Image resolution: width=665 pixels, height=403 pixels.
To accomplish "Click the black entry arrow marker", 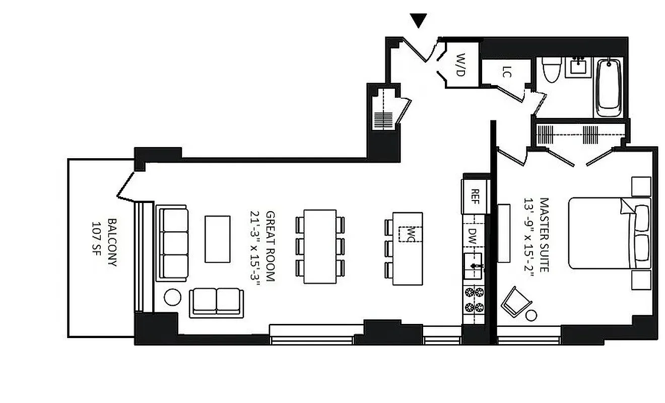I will (x=419, y=20).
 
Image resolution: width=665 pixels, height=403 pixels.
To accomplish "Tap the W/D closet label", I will (x=459, y=65).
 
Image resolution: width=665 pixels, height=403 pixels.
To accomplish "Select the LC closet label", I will (x=507, y=73).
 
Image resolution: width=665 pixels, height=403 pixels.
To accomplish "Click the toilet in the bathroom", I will (x=549, y=70).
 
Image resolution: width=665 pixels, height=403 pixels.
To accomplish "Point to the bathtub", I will (x=609, y=87).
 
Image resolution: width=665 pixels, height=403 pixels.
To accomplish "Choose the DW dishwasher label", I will (x=473, y=235).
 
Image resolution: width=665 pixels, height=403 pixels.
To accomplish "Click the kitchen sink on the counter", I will (x=473, y=265).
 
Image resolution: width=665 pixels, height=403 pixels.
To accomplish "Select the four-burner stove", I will (x=473, y=300).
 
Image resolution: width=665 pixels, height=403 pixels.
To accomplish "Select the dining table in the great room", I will (x=320, y=246).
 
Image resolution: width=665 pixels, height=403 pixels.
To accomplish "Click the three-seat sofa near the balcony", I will (x=173, y=242).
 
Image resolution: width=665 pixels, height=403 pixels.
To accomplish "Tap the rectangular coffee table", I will (x=218, y=239).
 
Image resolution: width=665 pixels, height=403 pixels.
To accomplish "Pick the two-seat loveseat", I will (x=216, y=302).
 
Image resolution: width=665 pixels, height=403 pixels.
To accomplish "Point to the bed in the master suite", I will (x=609, y=233).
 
